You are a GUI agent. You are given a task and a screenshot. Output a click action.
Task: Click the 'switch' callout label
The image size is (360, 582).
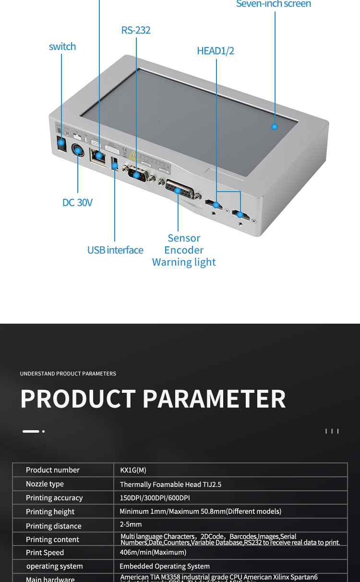[62, 47]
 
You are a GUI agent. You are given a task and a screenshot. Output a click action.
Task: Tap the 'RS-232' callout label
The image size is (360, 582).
[136, 30]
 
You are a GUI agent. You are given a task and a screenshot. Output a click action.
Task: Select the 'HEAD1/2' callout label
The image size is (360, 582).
[216, 51]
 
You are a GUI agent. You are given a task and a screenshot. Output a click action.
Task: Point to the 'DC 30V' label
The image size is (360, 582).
[77, 203]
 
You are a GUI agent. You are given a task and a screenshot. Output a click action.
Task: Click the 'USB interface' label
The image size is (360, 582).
[115, 250]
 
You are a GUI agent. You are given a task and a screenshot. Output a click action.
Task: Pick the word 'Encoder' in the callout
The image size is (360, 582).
[184, 250]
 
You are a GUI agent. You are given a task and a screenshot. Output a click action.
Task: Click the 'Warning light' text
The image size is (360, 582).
[184, 262]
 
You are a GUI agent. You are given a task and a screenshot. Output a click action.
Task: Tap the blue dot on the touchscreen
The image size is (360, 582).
[275, 127]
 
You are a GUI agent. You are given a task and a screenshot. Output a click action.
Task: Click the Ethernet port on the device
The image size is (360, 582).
[98, 157]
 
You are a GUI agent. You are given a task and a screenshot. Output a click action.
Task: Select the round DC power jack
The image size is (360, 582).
[78, 151]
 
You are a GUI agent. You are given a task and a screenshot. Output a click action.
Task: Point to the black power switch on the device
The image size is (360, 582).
[61, 143]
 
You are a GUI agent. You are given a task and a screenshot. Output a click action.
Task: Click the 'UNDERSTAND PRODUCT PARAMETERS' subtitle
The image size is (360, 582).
[68, 374]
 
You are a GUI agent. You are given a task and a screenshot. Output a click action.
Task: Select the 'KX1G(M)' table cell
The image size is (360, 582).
[133, 470]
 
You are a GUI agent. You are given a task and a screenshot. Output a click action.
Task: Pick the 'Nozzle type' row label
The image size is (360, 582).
[45, 484]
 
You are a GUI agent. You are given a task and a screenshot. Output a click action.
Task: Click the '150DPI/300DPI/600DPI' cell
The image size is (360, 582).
[155, 498]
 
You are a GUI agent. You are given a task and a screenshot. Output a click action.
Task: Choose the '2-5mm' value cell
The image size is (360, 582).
[131, 524]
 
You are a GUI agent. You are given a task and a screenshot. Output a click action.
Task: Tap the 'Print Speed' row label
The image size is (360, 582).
[45, 553]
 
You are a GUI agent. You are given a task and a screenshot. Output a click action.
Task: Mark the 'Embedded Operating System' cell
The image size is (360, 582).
[164, 567]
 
